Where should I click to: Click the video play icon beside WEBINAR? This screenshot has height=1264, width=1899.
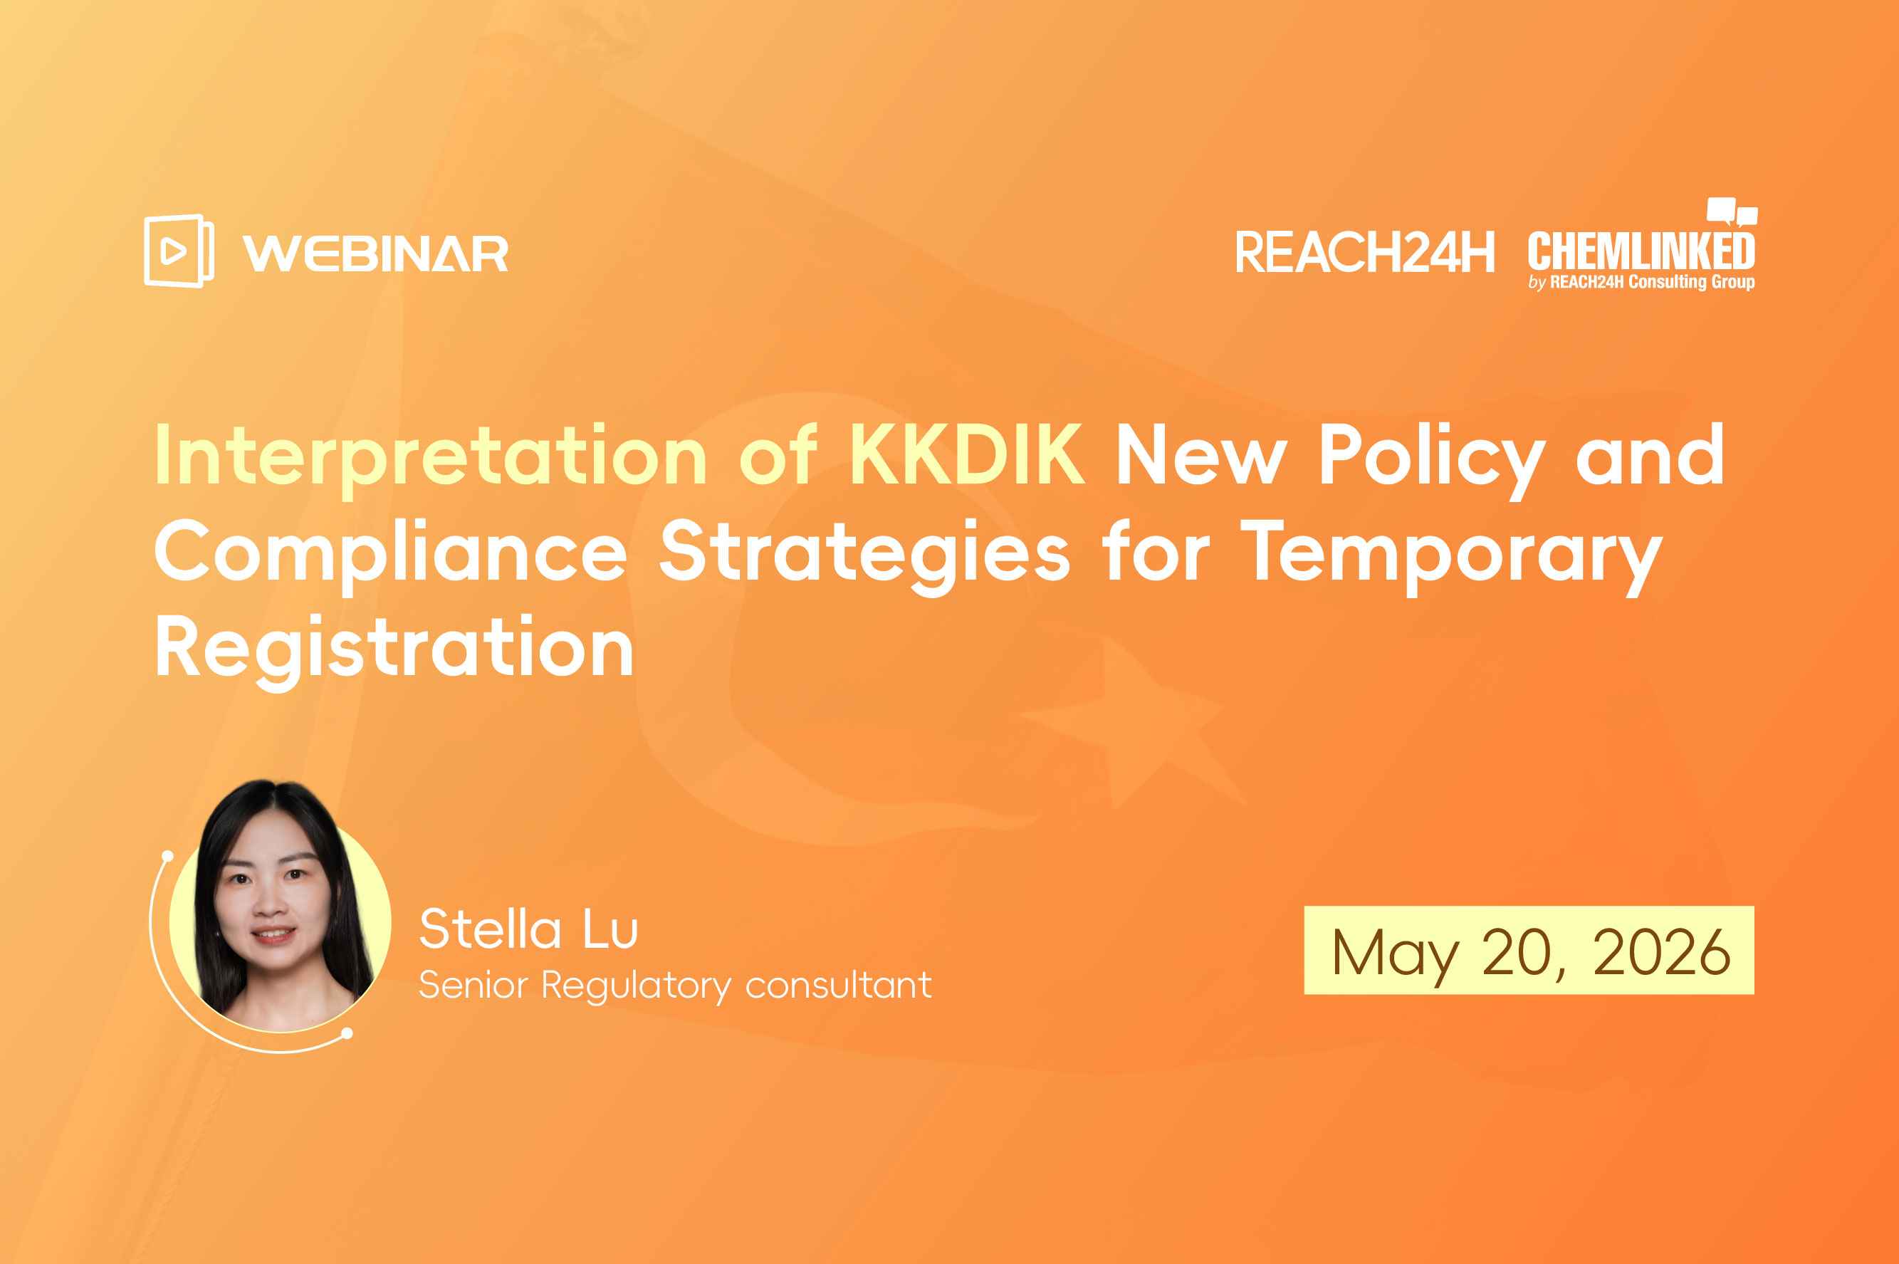point(179,251)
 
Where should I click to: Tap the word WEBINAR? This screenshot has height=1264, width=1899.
point(376,254)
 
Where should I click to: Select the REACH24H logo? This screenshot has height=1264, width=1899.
point(1364,252)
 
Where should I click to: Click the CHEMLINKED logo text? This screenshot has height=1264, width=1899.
point(1641,251)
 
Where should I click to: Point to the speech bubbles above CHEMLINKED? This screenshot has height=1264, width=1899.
point(1732,212)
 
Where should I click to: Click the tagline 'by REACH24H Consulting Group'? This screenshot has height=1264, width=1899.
point(1641,282)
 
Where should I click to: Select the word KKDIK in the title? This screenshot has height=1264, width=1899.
point(966,456)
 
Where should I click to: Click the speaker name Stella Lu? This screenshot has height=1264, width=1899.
point(529,929)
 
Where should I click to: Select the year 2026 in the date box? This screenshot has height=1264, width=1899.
point(1661,952)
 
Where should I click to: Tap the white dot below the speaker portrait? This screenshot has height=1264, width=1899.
point(347,1033)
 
